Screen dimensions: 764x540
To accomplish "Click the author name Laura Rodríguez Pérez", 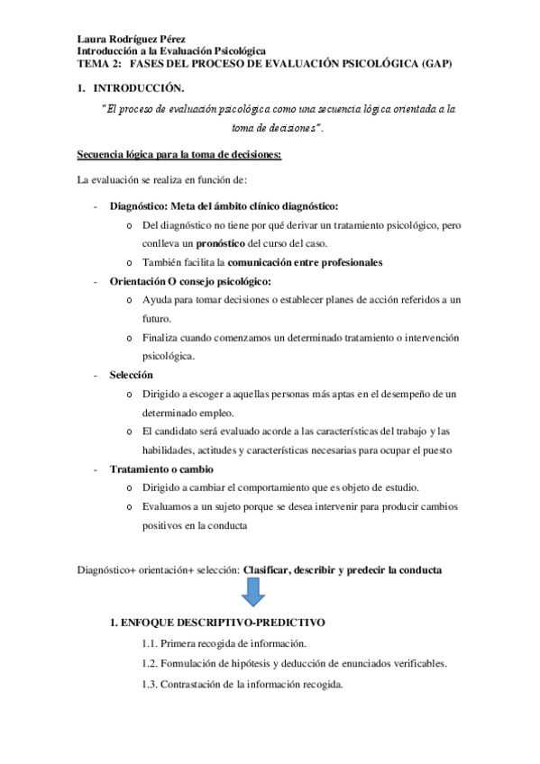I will [130, 40].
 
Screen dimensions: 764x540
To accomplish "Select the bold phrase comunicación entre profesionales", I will [305, 263].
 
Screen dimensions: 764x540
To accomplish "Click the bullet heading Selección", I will [132, 374].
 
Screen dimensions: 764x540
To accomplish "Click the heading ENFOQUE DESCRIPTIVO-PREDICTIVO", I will [224, 623].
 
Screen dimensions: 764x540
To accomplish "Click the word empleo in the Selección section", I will [216, 413].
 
